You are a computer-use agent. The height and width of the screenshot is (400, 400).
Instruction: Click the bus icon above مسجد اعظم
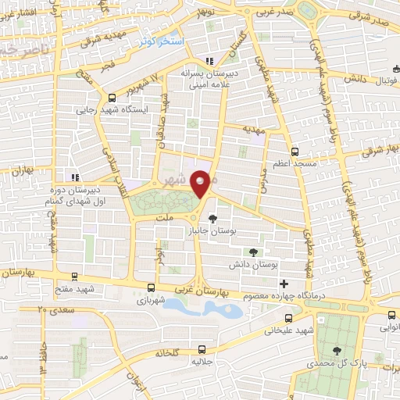(x=294, y=151)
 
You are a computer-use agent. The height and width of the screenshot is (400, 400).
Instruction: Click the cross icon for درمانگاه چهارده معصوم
(x=284, y=283)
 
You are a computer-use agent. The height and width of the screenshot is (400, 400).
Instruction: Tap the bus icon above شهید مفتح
(x=74, y=276)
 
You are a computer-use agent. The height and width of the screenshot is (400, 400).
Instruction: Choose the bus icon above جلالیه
(x=203, y=349)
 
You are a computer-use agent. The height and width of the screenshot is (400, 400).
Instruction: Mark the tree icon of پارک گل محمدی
(x=337, y=352)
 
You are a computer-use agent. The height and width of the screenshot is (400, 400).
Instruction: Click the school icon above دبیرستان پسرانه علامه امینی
(x=208, y=61)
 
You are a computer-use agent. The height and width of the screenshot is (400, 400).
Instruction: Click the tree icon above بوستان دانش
(x=252, y=252)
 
